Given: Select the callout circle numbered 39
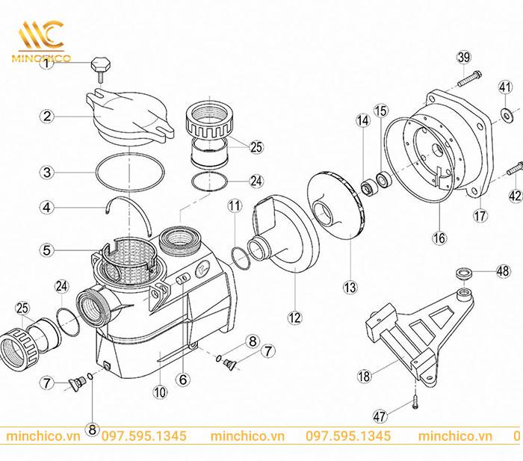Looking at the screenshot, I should (463, 59).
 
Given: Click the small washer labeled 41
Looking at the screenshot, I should (505, 114).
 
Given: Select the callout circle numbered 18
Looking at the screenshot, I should (363, 377).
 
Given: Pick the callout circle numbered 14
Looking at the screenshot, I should (362, 120).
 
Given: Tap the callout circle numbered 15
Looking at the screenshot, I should (381, 111).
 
